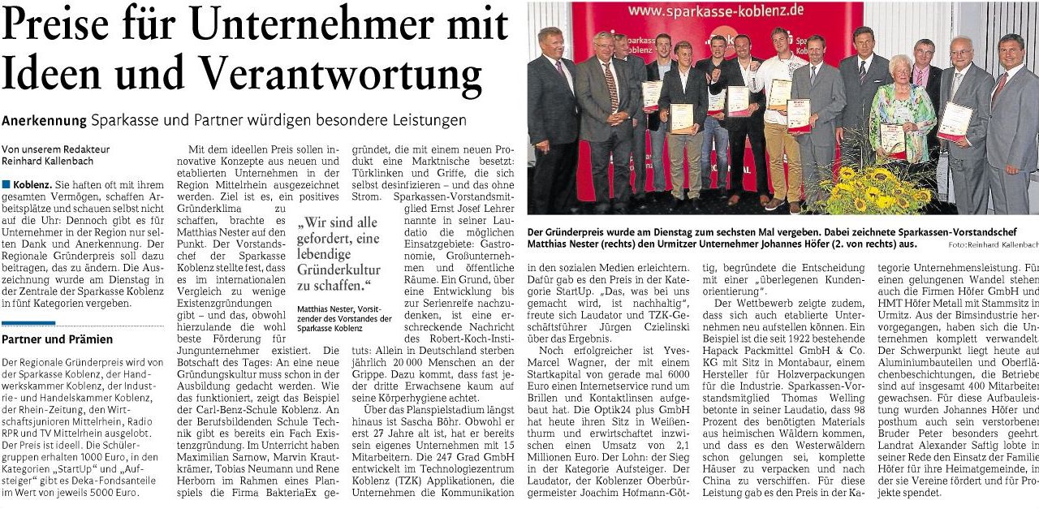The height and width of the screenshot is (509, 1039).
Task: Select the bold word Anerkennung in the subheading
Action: [44, 120]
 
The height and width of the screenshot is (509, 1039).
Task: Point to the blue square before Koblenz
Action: [6, 185]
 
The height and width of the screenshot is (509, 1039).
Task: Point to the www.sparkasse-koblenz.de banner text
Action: [704, 11]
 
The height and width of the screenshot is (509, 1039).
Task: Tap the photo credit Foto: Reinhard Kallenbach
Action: [992, 244]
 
